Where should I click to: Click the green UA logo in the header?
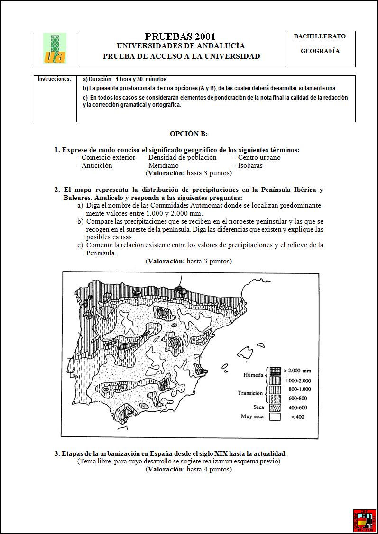55,48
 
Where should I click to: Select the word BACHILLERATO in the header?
320,36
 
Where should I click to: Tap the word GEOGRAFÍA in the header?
320,51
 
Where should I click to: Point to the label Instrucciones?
55,79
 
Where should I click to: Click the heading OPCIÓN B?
189,134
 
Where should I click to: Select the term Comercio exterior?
108,157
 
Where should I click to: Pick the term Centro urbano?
259,157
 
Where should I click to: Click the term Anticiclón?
97,165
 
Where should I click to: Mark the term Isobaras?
250,165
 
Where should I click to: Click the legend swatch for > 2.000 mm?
275,371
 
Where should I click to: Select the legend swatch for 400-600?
275,407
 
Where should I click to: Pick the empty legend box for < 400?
275,417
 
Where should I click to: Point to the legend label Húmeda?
253,375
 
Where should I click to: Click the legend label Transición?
250,393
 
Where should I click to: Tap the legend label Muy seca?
252,417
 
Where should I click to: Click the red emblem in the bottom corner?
364,521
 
